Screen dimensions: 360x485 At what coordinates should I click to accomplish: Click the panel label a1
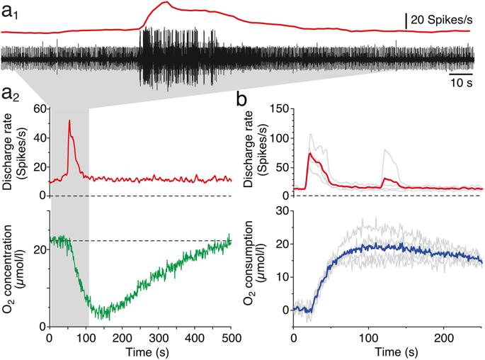[11, 11]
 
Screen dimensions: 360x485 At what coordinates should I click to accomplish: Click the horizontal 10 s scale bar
[461, 73]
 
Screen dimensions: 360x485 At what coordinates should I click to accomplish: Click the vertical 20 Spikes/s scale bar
[406, 21]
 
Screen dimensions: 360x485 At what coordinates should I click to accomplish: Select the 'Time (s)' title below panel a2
[139, 352]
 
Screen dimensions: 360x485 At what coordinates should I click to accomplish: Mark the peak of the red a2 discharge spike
[69, 121]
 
